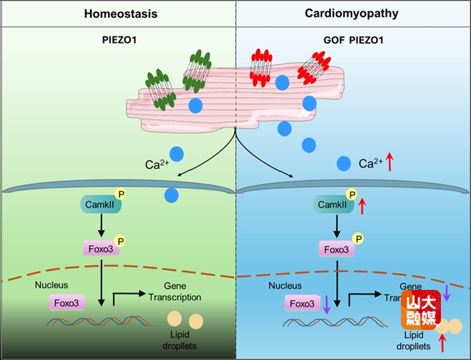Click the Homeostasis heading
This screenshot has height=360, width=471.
[117, 13]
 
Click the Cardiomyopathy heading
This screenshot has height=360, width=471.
[351, 13]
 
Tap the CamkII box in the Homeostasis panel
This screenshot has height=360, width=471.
[101, 204]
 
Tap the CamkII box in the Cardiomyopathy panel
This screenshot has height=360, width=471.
[333, 204]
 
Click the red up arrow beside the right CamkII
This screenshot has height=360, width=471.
[362, 206]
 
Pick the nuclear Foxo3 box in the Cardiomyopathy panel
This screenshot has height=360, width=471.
[302, 303]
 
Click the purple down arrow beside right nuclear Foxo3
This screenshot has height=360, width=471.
[326, 305]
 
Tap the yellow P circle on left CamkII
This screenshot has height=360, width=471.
[121, 194]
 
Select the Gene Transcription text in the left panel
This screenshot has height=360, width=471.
[174, 292]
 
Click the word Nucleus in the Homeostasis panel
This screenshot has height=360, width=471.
[52, 285]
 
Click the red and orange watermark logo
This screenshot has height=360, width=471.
[421, 309]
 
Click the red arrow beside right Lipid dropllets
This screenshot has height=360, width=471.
[442, 343]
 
